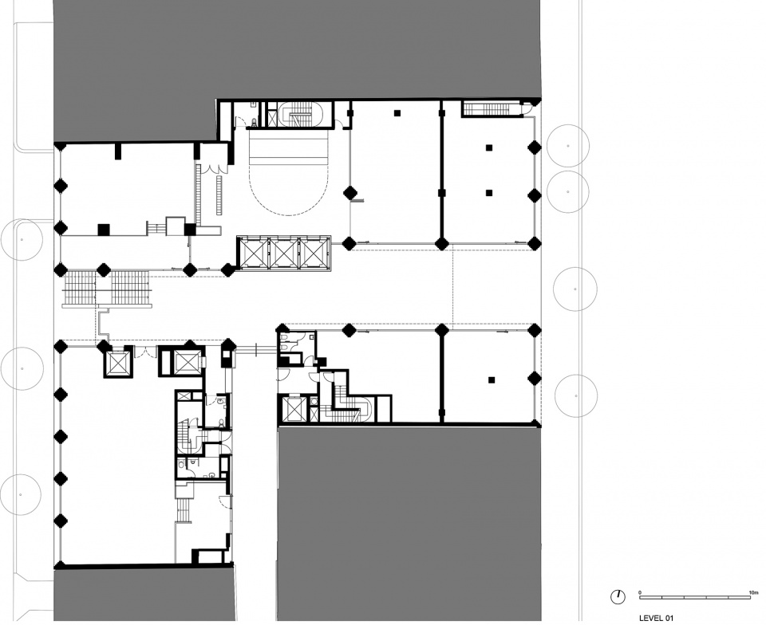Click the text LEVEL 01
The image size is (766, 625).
(x=656, y=618)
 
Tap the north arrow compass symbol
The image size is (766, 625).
(x=618, y=596)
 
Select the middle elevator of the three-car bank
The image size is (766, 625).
(x=284, y=254)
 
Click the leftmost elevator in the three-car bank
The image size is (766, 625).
(x=252, y=254)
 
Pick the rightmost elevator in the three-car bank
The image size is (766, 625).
(x=315, y=254)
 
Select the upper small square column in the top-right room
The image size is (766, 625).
(x=488, y=147)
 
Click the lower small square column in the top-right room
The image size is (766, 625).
(x=488, y=193)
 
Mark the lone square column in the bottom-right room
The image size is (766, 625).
(x=492, y=380)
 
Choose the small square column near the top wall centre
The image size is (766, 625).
(x=397, y=113)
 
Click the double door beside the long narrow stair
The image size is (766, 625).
(x=214, y=167)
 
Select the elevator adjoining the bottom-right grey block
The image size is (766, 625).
(x=295, y=409)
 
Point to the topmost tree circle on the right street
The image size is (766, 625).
(x=568, y=146)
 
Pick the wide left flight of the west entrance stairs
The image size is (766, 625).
(x=80, y=288)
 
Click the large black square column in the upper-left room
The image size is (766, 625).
(x=103, y=230)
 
